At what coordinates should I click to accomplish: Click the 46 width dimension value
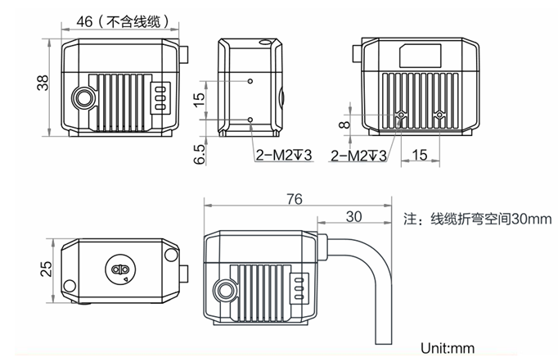click(83, 23)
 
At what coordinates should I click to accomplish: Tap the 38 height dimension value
click(43, 83)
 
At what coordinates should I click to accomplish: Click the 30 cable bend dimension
click(354, 216)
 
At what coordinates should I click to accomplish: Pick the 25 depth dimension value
click(46, 268)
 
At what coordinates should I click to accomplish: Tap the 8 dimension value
click(344, 124)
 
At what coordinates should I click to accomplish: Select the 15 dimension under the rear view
click(420, 153)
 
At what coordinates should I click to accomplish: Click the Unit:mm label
click(448, 346)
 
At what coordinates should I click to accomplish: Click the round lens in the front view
click(83, 97)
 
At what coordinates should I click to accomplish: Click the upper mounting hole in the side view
click(250, 82)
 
